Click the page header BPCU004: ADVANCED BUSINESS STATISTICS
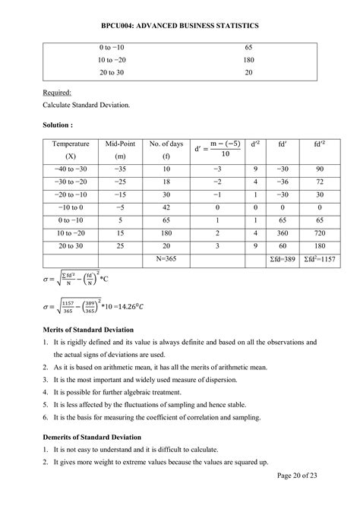[180, 25]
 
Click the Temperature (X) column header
[71, 150]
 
